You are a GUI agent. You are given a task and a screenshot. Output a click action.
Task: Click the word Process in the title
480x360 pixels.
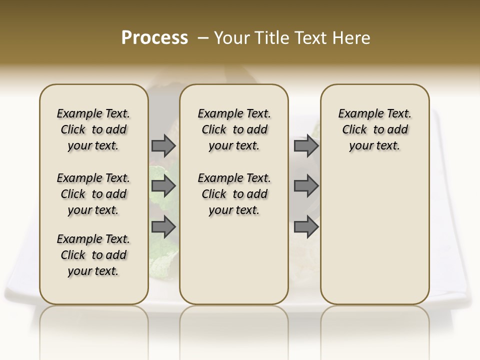(x=154, y=38)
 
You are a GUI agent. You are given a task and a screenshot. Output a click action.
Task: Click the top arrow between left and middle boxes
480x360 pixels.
(x=163, y=145)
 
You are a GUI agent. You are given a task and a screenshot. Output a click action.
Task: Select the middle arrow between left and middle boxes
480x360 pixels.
(x=163, y=186)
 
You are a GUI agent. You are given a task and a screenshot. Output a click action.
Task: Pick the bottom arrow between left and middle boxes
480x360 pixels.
(x=163, y=226)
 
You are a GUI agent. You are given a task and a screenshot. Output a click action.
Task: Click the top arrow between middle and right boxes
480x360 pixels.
(x=306, y=145)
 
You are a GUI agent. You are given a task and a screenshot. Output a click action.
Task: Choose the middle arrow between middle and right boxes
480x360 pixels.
(x=306, y=186)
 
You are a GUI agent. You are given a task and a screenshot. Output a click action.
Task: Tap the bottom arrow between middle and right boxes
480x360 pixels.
(x=306, y=226)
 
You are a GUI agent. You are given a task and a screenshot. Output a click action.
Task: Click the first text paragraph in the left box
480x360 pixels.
(x=93, y=129)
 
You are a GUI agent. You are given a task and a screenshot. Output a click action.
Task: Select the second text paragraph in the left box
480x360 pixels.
(x=93, y=194)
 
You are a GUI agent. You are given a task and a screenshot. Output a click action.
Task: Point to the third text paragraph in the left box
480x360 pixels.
(x=93, y=255)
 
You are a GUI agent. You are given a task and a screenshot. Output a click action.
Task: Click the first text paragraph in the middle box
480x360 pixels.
(x=234, y=129)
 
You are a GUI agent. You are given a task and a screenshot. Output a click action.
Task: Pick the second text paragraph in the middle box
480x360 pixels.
(x=234, y=194)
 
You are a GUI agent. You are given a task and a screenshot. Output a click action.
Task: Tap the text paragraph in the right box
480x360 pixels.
(x=374, y=129)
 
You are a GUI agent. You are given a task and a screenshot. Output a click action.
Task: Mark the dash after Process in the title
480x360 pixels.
(x=203, y=38)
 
